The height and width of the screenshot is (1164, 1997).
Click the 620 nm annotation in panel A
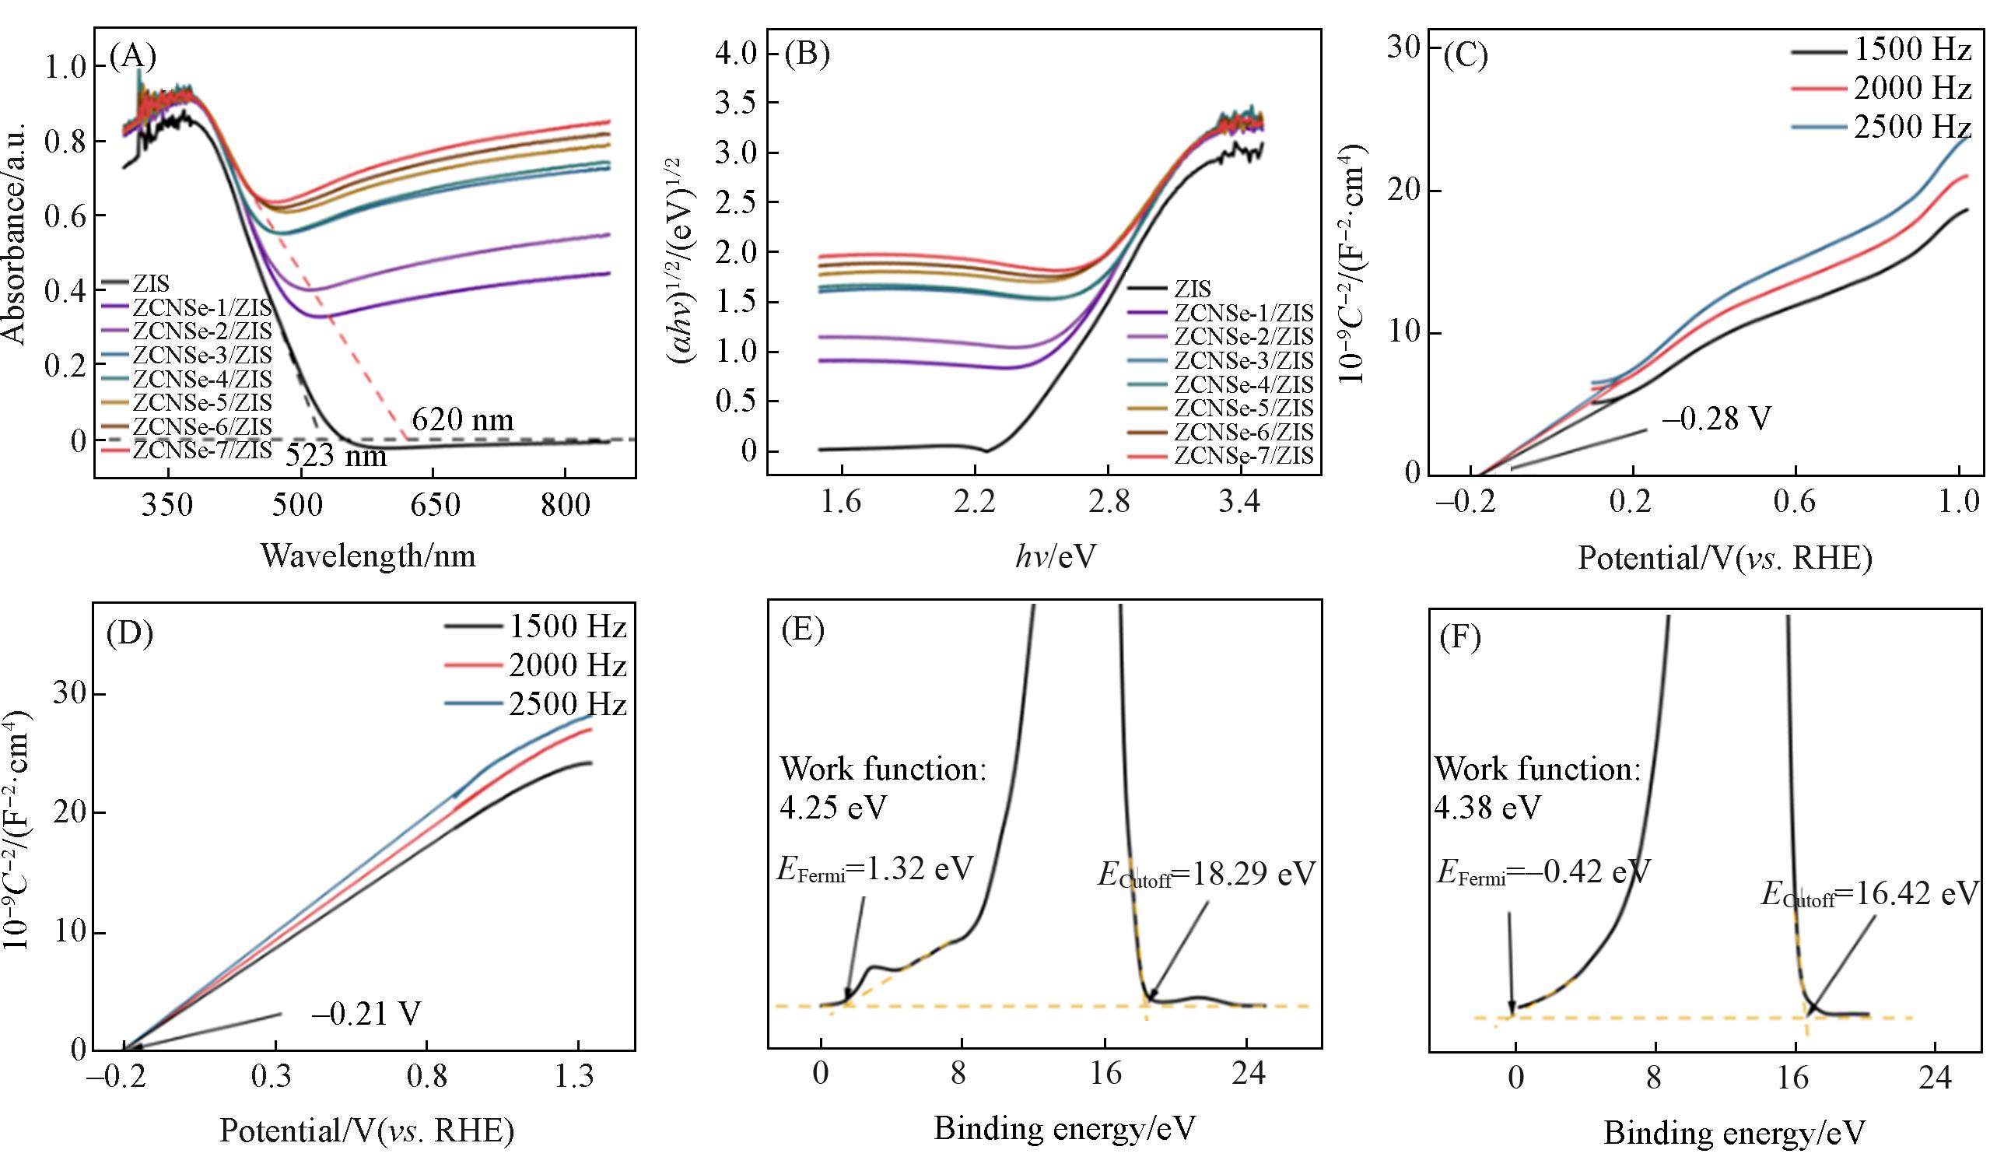462,419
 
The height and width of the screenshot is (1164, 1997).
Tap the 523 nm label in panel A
336,457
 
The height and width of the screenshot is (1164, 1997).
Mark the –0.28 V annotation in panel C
1715,419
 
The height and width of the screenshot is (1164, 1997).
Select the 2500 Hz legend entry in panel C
1911,127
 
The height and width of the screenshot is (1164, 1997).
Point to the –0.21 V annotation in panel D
366,1015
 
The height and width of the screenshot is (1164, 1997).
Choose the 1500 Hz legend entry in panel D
567,627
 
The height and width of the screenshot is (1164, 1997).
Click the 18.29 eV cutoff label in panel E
1205,875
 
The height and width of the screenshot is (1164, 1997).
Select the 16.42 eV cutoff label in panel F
1869,895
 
